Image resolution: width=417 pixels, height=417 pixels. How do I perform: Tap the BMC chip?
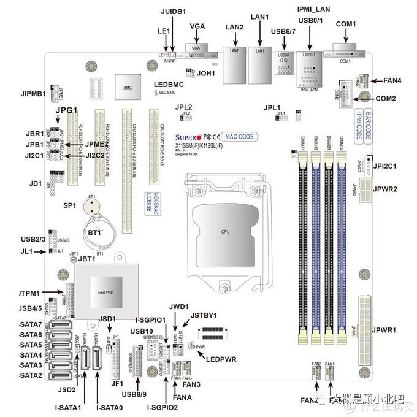tap(128, 88)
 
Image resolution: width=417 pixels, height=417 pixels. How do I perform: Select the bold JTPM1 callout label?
tap(30, 294)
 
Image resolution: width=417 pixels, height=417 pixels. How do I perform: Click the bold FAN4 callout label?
tap(388, 80)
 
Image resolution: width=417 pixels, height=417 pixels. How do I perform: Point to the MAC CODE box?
tap(240, 136)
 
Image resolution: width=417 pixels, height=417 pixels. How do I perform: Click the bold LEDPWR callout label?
tap(222, 358)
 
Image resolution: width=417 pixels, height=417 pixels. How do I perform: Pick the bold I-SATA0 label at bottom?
tap(110, 407)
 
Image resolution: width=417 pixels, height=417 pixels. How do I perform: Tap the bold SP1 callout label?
tap(69, 205)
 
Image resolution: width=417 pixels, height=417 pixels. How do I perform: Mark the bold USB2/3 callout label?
tap(33, 239)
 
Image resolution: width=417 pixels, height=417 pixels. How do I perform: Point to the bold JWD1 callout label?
tap(177, 305)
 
